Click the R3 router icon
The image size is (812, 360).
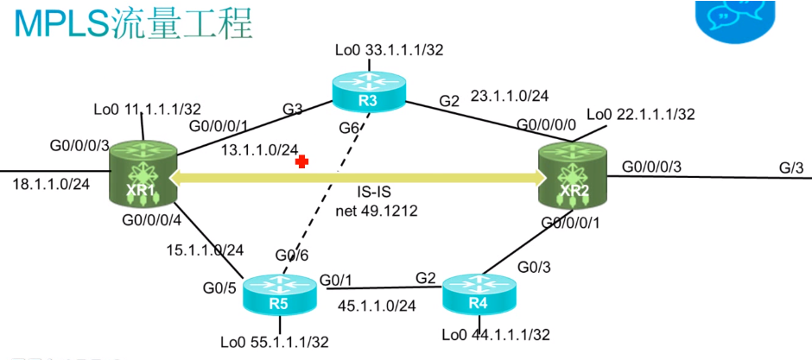click(368, 91)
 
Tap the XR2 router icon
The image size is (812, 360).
click(573, 176)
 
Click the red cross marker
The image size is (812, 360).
click(301, 161)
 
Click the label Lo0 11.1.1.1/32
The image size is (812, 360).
click(147, 110)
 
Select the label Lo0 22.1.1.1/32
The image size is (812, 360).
click(640, 114)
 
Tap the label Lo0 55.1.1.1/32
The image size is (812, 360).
click(275, 342)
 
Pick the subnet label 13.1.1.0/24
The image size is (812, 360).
click(260, 150)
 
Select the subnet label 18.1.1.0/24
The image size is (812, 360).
click(52, 184)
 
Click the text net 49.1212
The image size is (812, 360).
click(377, 209)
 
